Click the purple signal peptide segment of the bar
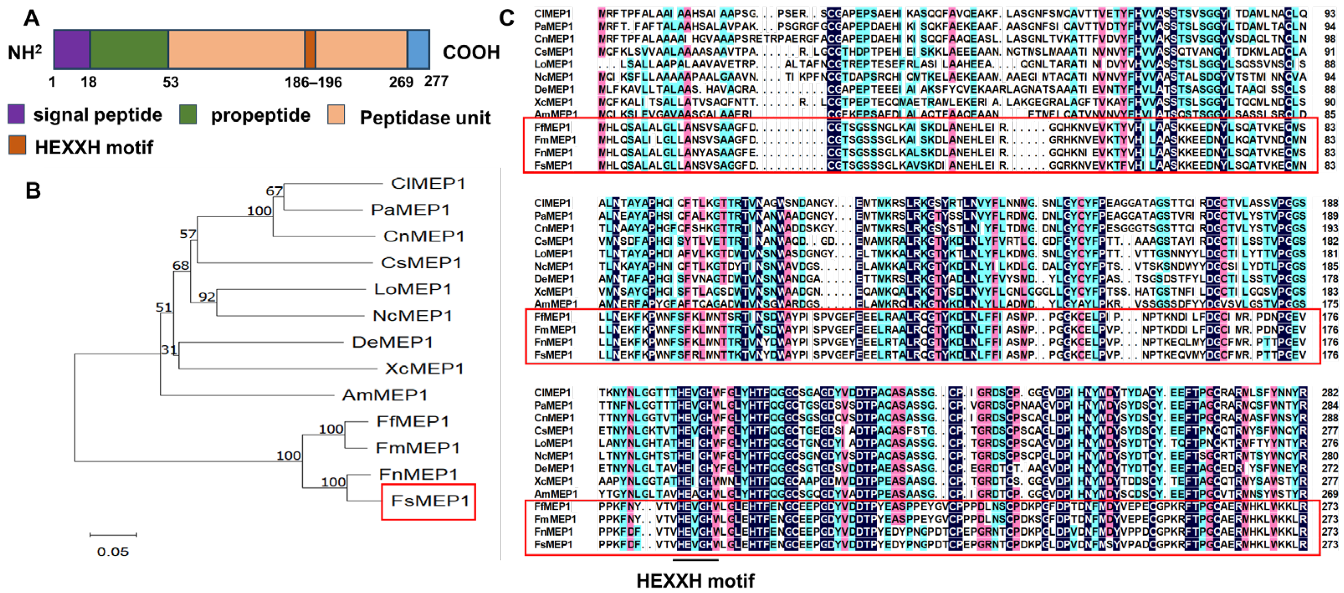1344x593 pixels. point(72,49)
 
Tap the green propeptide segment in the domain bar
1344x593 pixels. point(129,49)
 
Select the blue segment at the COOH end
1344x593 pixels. point(418,49)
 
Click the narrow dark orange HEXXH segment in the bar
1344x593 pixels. point(310,49)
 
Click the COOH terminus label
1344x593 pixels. point(471,52)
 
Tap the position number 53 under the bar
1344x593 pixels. point(171,82)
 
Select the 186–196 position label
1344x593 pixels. point(313,82)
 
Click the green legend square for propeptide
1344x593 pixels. point(188,115)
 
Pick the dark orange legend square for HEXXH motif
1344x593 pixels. point(17,146)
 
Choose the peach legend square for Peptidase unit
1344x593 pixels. point(336,115)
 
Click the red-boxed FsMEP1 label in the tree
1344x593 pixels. point(430,501)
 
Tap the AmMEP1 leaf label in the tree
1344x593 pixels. point(384,395)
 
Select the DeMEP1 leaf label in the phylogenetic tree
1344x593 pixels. point(392,342)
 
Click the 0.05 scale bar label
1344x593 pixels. point(113,551)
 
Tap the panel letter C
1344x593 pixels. point(507,18)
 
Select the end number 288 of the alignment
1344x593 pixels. point(1329,418)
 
